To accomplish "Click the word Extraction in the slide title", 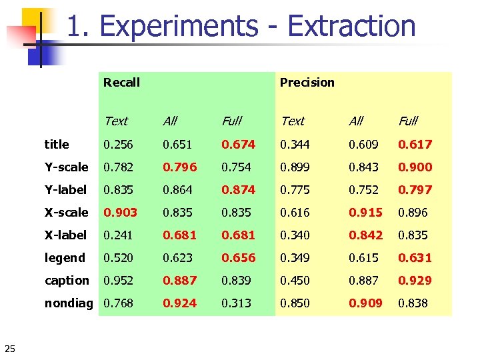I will point(351,27).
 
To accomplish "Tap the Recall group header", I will point(121,83).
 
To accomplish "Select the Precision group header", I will point(307,83).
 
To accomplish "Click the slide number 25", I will point(10,347).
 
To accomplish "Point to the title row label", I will point(57,144).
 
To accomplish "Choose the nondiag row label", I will point(69,303).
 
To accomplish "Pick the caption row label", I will point(67,281).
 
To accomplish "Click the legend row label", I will point(65,258).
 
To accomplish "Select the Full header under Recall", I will point(231,121).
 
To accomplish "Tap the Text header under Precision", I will point(292,121).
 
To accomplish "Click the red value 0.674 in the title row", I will point(239,144).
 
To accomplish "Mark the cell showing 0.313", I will point(236,303).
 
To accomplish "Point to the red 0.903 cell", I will point(120,213).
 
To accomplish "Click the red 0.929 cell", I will point(415,281).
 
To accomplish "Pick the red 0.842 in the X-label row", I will point(366,235).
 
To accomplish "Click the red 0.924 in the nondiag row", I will point(180,303).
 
